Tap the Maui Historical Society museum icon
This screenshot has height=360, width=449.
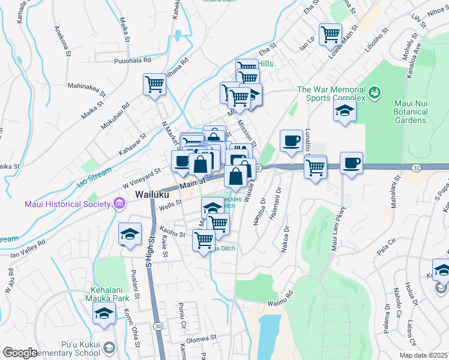click(x=118, y=204)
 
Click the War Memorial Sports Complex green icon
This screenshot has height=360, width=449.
click(x=375, y=92)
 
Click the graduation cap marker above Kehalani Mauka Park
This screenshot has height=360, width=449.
click(x=104, y=313)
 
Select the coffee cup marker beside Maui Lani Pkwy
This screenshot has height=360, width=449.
click(x=351, y=163)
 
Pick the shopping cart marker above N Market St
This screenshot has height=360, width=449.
click(x=154, y=84)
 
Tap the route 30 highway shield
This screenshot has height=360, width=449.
click(x=157, y=326)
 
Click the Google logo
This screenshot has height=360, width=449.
click(x=20, y=353)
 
